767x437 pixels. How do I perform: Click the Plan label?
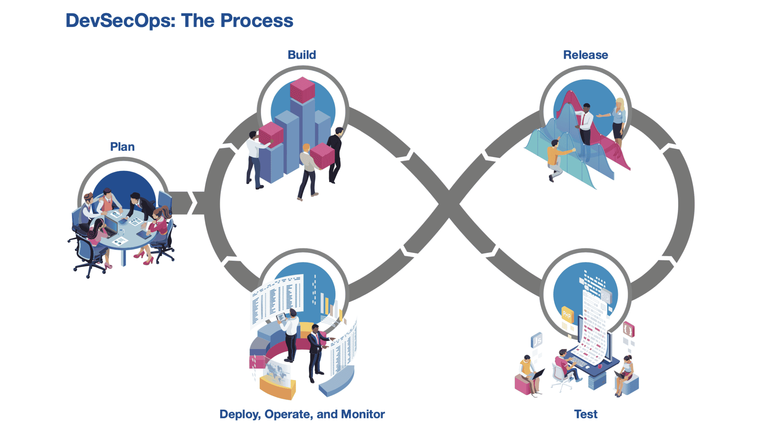coord(122,147)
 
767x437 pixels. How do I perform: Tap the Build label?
coord(301,55)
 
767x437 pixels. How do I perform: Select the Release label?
coord(585,55)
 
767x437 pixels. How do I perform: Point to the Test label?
coord(585,414)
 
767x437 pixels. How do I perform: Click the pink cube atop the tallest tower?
coord(302,89)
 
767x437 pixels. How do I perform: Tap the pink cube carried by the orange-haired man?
coord(322,155)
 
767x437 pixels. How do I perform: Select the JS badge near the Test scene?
coord(537,340)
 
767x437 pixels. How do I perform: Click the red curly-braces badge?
coord(628,330)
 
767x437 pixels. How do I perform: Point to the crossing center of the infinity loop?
coord(449,204)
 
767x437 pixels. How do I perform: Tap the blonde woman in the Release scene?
coord(618,120)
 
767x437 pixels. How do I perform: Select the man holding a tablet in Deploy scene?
coord(290,333)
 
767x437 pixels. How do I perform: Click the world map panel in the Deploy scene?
coord(277,372)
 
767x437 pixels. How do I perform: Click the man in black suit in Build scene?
coord(335,153)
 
